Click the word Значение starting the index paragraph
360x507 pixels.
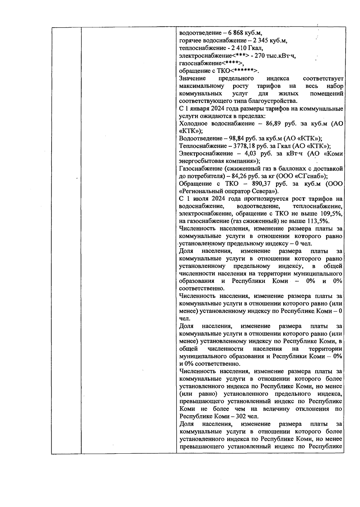pos(192,79)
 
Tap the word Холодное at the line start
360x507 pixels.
pos(194,124)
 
